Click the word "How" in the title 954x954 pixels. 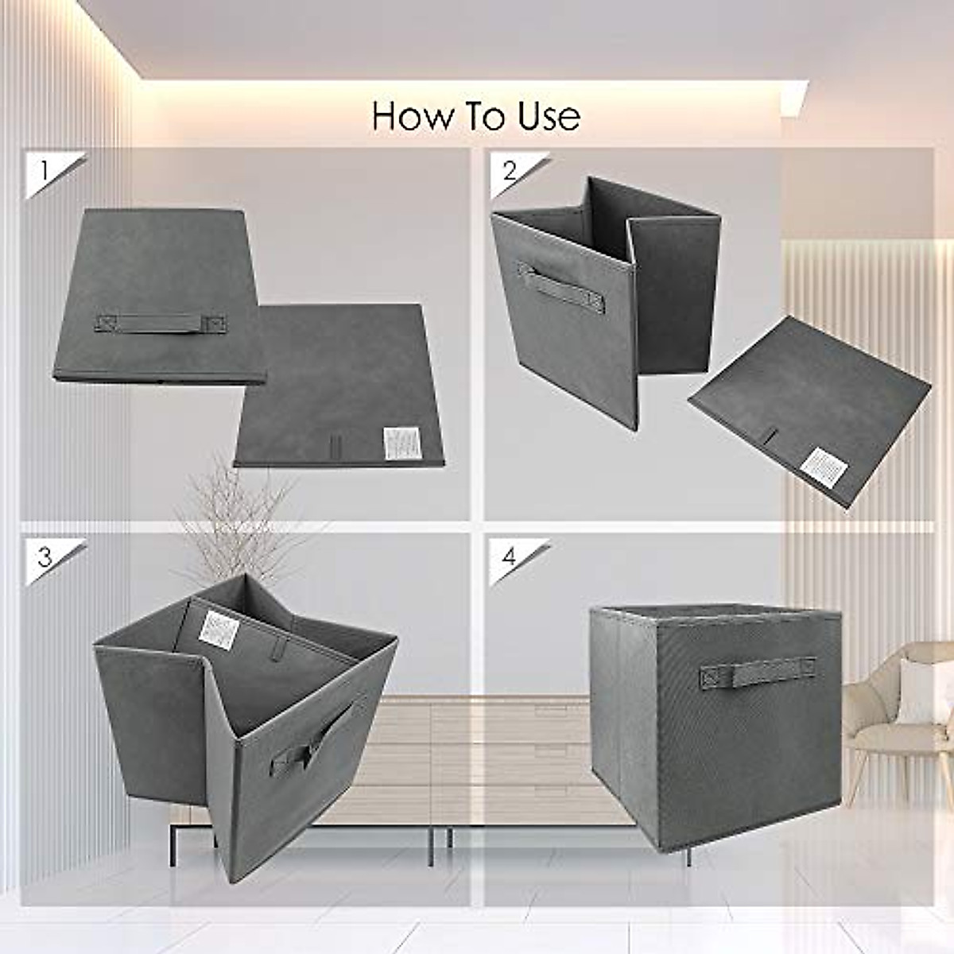pyautogui.click(x=407, y=116)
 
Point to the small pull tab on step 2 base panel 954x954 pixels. pyautogui.click(x=769, y=436)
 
